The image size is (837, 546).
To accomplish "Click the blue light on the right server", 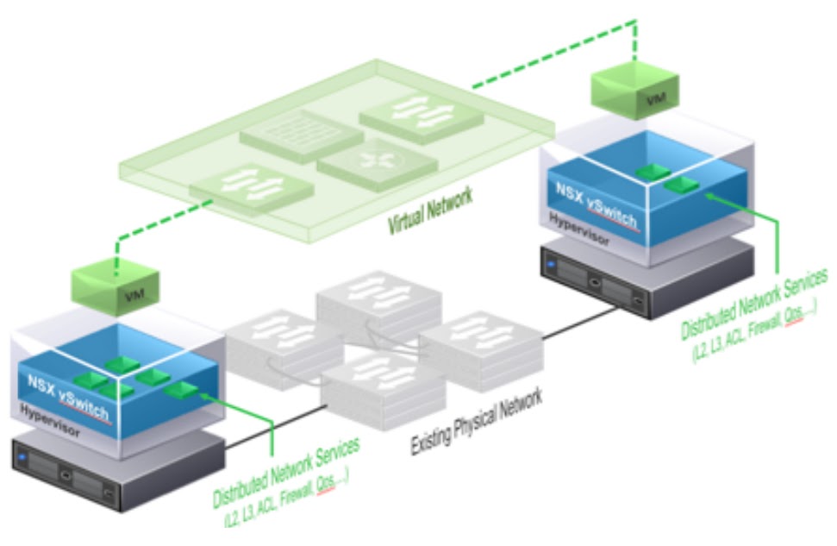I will [551, 256].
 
